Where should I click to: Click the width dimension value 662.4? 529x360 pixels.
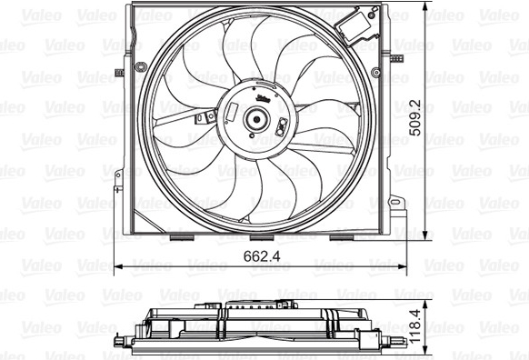(x=262, y=256)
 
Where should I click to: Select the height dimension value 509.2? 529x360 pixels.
(x=415, y=118)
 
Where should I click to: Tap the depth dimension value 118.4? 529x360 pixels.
(x=415, y=326)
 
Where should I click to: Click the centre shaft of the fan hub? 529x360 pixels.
(x=256, y=119)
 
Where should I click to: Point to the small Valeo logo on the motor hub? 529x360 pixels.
(x=263, y=98)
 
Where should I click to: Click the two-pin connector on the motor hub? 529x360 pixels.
(x=282, y=127)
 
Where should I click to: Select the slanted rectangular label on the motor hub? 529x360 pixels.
(x=232, y=112)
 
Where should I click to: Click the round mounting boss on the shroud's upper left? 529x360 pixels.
(x=139, y=66)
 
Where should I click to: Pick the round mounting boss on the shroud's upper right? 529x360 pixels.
(x=375, y=72)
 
